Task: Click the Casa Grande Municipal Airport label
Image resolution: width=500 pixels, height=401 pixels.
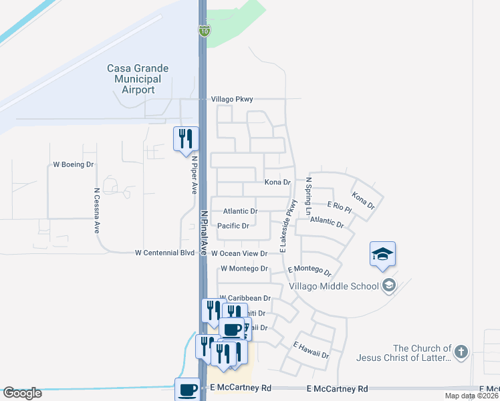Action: [x=138, y=79]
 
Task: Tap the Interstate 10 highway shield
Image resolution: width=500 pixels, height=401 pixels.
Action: [x=203, y=31]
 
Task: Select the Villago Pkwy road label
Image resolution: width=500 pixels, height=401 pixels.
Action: [x=232, y=99]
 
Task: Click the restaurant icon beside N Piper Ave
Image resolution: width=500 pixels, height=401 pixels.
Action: [x=186, y=139]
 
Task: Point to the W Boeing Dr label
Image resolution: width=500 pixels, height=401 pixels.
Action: [x=74, y=164]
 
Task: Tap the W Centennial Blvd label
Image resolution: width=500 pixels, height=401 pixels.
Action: [x=164, y=253]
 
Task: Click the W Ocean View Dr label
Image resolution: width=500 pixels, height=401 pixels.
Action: [x=239, y=253]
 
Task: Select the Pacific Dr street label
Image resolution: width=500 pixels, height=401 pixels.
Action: [x=233, y=226]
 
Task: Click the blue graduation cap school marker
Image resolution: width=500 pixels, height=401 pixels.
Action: [x=382, y=255]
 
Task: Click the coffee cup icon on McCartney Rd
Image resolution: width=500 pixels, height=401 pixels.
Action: [x=187, y=389]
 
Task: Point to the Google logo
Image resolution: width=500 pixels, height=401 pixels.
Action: [x=22, y=393]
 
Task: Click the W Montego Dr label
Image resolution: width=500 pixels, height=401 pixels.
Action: [x=244, y=268]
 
